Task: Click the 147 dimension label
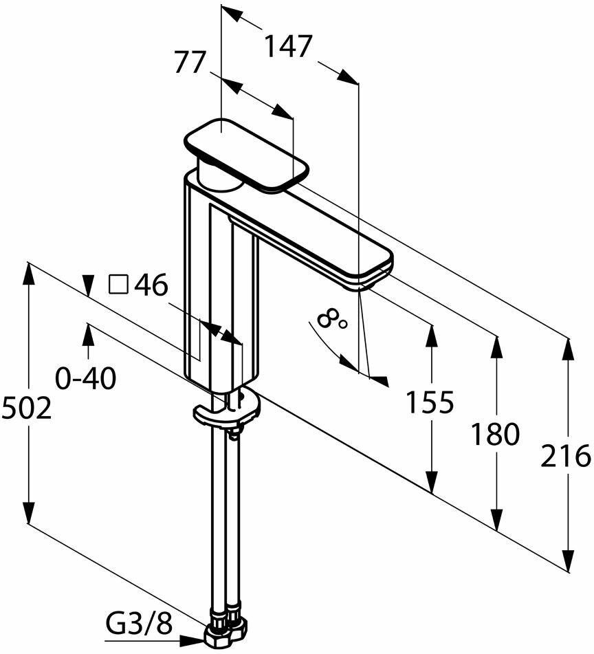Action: [289, 47]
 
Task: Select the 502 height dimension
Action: [27, 408]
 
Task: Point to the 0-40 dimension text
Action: [86, 378]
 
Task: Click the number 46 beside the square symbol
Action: [151, 285]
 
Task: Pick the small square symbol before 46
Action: [119, 284]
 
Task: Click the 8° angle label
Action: [333, 318]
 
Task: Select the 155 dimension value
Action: [430, 402]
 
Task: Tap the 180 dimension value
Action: [495, 435]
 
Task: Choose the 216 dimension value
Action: [566, 456]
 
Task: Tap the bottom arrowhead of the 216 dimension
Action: [568, 560]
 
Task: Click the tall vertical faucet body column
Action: [221, 289]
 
